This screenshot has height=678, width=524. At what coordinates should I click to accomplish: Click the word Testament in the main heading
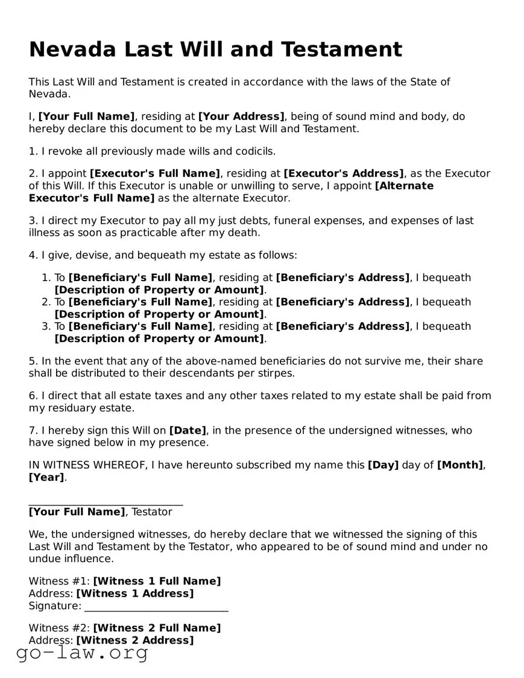[x=342, y=49]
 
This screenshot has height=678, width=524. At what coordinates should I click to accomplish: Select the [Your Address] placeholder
[x=241, y=116]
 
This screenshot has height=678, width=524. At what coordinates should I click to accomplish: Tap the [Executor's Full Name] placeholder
[x=155, y=174]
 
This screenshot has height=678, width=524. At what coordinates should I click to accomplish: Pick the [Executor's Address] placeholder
[x=344, y=174]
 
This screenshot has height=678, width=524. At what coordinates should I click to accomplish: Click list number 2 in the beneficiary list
[x=46, y=302]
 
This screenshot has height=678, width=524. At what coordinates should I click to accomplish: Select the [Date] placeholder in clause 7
[x=188, y=431]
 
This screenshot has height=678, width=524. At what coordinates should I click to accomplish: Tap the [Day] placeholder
[x=383, y=465]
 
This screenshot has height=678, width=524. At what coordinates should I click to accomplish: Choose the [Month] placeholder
[x=459, y=465]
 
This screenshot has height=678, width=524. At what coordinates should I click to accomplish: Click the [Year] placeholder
[x=46, y=477]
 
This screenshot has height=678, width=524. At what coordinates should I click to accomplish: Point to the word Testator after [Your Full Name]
[x=152, y=512]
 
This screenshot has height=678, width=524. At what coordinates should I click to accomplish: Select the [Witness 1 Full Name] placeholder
[x=157, y=581]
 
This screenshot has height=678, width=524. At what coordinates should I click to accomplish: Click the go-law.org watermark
[x=82, y=653]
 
